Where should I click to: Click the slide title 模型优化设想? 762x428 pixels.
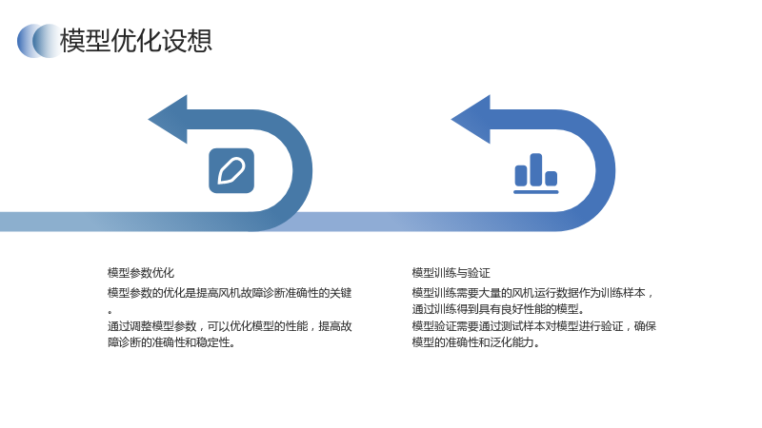coord(135,40)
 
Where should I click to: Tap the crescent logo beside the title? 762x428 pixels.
coord(38,41)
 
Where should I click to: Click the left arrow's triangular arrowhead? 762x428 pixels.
coord(168,120)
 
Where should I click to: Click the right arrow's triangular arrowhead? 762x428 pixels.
coord(471,120)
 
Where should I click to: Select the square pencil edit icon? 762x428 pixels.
coord(231,171)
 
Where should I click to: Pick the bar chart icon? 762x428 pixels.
coord(536,173)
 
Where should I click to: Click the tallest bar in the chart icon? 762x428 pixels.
coord(536,169)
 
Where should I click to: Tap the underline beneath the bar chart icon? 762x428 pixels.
coord(536,192)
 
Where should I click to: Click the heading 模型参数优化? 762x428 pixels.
coord(141,273)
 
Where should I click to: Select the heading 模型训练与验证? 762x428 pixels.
coord(451,273)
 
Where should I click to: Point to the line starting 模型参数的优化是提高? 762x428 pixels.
coord(230,293)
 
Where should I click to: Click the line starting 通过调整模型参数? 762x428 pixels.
coord(230,326)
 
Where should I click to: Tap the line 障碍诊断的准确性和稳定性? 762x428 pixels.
coord(171,342)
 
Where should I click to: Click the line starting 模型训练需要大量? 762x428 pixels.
coord(532,293)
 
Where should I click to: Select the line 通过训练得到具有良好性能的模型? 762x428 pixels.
coord(498,309)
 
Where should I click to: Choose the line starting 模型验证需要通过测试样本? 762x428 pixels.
coord(534,326)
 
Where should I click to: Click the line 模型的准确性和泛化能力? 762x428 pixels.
coord(475,342)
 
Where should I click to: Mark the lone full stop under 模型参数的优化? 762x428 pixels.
coord(110,312)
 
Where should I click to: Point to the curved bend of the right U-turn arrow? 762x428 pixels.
coord(604,171)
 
